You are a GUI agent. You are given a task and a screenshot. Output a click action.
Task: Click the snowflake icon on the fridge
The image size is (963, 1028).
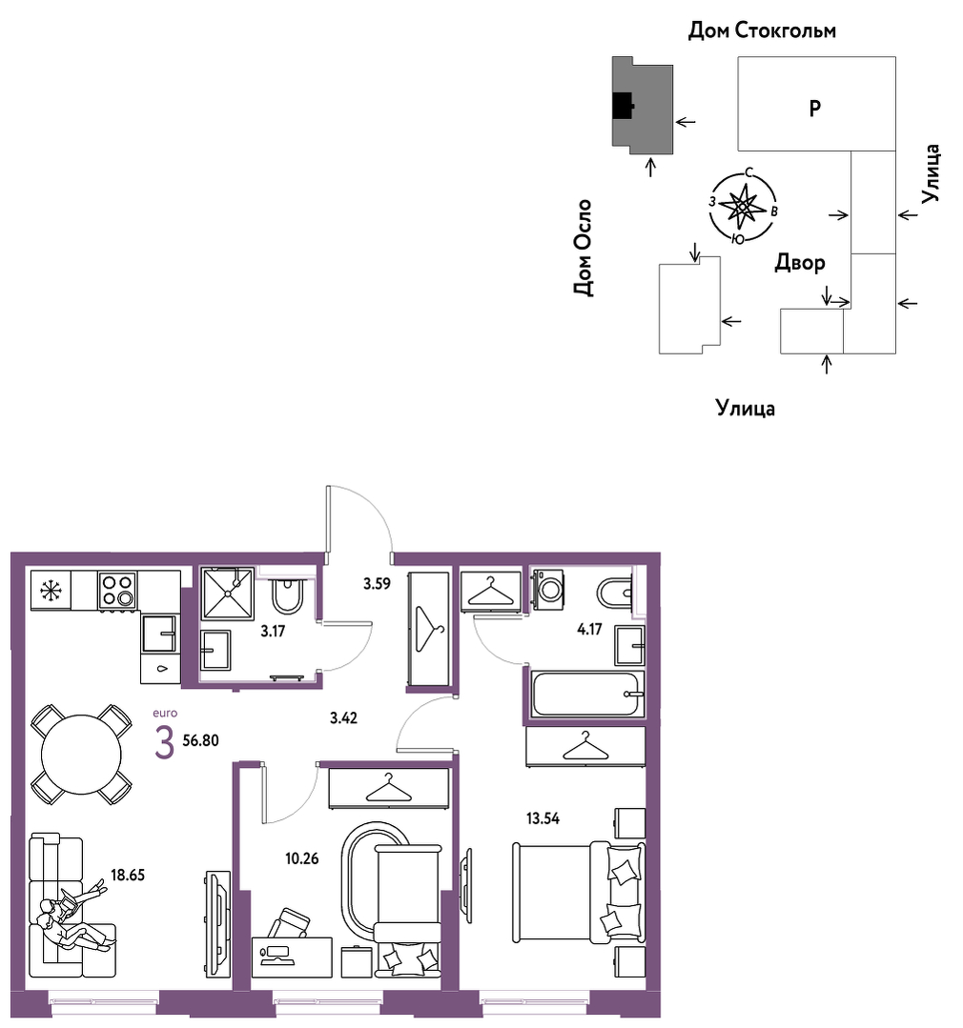click(51, 591)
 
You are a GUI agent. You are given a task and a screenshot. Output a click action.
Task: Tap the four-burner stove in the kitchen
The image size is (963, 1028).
click(118, 590)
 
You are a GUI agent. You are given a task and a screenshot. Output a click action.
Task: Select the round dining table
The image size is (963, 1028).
click(81, 755)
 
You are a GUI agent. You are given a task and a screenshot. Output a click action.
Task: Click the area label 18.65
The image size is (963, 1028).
click(127, 875)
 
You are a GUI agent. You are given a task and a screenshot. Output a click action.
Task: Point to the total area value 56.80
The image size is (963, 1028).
click(201, 741)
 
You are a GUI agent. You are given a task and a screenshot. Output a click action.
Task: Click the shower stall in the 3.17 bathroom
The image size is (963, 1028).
click(228, 594)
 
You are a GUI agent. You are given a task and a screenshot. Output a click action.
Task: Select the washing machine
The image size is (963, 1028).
click(547, 590)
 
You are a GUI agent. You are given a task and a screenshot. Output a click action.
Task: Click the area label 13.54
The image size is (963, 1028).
click(543, 818)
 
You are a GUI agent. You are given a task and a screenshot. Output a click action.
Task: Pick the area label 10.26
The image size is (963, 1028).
click(301, 858)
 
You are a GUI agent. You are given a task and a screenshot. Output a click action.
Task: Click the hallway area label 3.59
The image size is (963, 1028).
click(378, 583)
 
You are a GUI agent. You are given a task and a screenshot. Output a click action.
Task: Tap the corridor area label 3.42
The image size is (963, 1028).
click(344, 718)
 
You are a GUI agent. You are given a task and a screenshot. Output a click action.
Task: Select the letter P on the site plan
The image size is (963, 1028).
click(815, 108)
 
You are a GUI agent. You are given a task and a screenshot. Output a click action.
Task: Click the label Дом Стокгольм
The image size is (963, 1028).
click(762, 30)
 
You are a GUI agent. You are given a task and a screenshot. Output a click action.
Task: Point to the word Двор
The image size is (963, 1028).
click(800, 263)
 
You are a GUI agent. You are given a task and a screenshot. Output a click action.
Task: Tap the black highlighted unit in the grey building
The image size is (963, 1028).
click(623, 105)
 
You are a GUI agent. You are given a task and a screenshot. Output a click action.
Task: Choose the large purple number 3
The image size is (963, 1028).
click(165, 743)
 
